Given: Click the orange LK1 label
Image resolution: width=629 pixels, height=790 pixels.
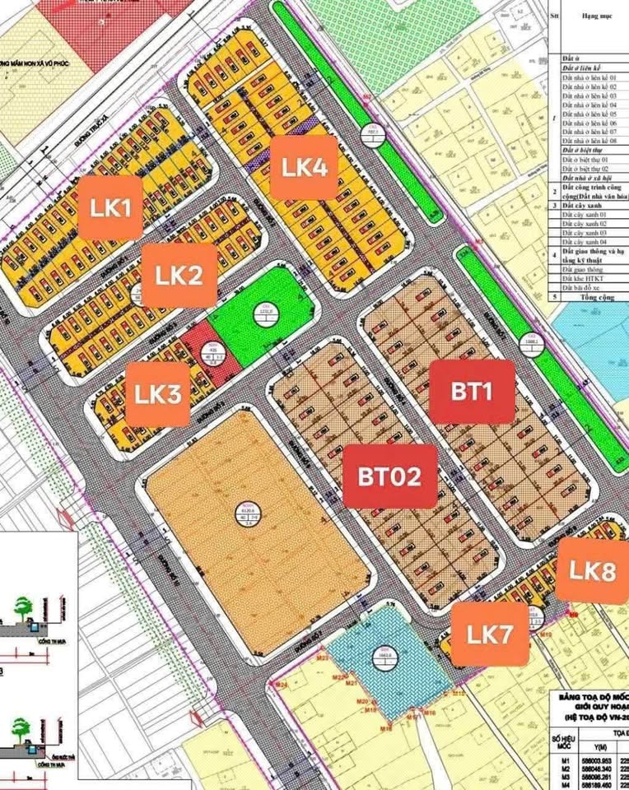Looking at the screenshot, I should click(111, 207).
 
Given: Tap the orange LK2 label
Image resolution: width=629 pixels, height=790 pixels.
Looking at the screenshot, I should click(179, 274).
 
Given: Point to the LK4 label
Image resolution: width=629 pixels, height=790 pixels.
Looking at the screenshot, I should click(305, 167).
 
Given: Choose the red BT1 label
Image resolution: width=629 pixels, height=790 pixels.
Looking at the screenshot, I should click(472, 392).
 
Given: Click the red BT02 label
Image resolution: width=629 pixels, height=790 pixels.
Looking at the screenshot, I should click(389, 476).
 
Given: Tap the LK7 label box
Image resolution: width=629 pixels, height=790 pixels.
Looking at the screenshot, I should click(490, 634).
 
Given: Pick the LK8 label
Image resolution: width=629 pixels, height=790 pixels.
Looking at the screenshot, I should click(592, 571).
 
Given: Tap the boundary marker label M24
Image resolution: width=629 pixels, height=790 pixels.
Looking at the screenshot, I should click(281, 685).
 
